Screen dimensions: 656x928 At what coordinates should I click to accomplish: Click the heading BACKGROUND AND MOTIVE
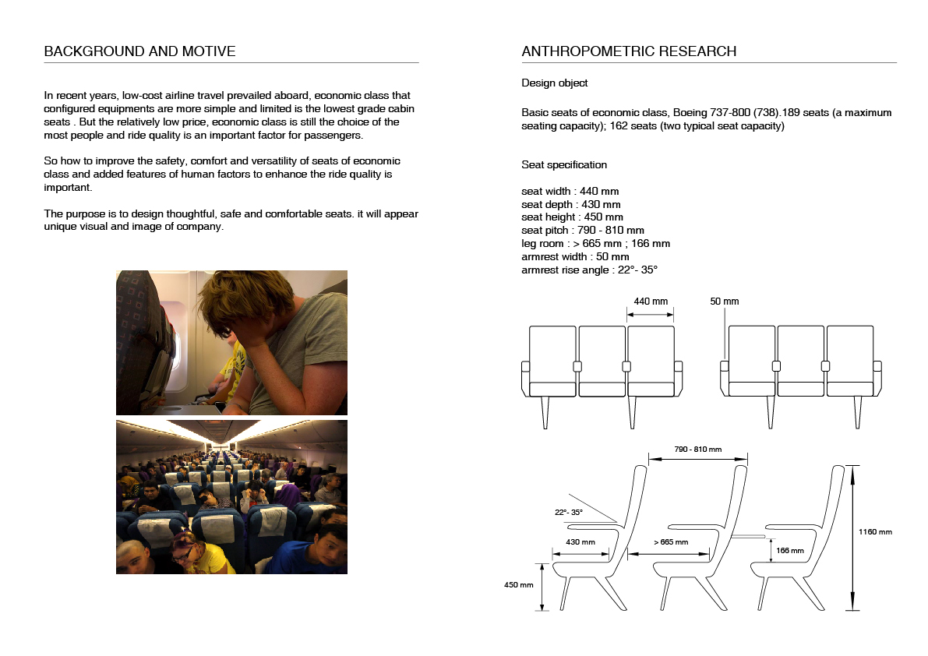pos(139,52)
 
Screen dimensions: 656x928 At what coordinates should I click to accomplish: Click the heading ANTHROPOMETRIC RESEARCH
pos(629,52)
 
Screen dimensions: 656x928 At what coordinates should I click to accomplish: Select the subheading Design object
pos(554,83)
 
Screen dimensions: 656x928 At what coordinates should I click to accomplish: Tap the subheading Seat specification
pos(564,165)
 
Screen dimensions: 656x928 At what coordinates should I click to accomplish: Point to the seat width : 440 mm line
pos(570,192)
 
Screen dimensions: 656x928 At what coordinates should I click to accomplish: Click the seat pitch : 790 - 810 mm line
pos(583,231)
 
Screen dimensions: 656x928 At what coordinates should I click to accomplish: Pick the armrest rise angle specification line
pos(590,270)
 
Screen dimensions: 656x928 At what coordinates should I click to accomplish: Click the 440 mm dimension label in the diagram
pos(651,302)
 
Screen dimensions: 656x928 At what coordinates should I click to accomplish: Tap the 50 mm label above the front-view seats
pos(725,302)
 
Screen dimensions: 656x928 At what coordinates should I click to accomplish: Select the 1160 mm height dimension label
pos(875,532)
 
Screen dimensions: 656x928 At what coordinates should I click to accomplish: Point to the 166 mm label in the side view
pos(789,550)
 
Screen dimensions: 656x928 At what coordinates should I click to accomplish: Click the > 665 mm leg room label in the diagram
pos(670,542)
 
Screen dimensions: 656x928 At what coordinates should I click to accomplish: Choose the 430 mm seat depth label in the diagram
pos(580,542)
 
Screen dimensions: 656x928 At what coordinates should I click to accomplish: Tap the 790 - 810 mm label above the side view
pos(697,450)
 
